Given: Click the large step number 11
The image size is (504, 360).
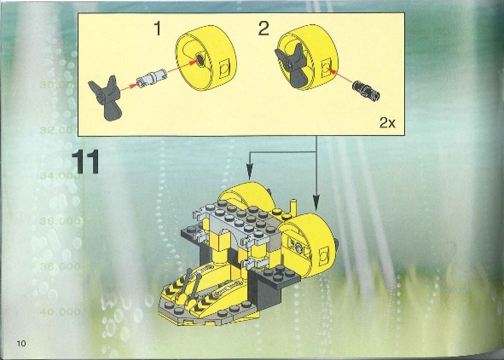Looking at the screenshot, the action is pos(85,162).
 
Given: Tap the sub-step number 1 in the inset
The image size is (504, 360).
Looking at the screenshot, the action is pos(158,29).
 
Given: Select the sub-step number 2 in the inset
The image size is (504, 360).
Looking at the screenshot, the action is pos(264,29).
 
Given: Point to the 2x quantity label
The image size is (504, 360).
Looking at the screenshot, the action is pos(387,124).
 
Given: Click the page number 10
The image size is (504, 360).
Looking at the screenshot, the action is pos(21,344).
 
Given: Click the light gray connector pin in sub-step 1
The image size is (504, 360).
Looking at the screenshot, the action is pos(151,77).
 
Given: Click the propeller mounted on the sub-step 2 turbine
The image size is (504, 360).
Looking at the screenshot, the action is pos(292,66).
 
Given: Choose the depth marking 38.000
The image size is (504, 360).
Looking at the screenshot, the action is pos(60,267).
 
